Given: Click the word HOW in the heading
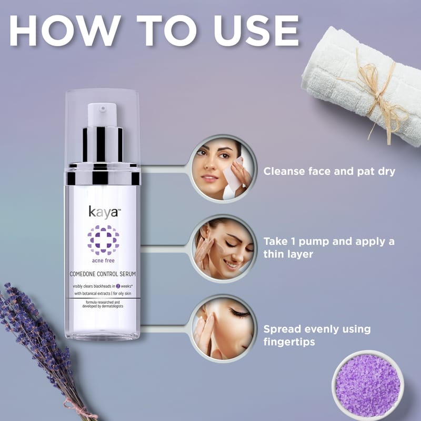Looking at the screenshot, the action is [x=65, y=31].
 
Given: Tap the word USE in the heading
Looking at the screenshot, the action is [x=256, y=31].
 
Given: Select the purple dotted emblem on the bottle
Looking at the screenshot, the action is [x=103, y=240].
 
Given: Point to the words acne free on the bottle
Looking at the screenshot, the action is [x=103, y=260].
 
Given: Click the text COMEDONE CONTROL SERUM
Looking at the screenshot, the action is [x=103, y=274].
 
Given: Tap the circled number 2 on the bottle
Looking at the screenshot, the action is [x=118, y=286].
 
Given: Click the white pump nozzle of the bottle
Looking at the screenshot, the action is [x=102, y=114].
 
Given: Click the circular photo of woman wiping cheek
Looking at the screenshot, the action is [x=223, y=168].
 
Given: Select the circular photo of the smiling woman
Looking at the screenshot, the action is [x=223, y=248].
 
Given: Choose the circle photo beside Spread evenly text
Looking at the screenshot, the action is [x=223, y=328].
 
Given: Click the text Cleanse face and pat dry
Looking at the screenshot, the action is [x=329, y=172].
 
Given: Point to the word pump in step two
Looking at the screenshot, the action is [x=314, y=242].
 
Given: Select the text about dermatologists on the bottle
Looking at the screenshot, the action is [x=103, y=304].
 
